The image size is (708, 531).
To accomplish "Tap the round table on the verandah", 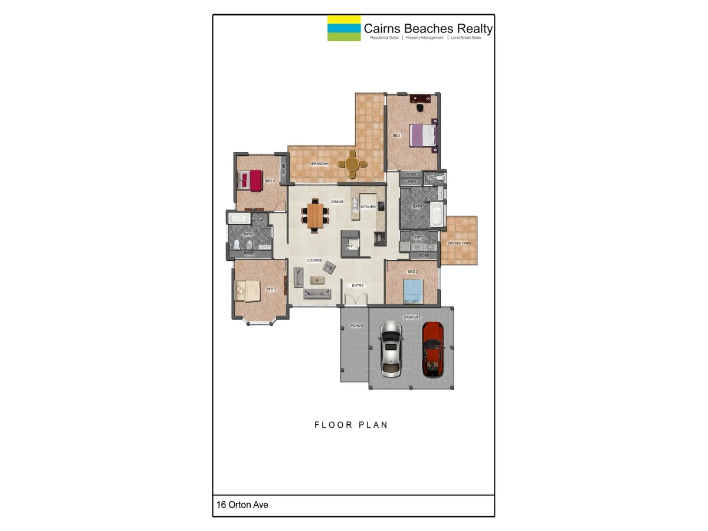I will (352, 164).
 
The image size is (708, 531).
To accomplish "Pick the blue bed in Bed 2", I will (413, 290).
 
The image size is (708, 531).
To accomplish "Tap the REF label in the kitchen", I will (379, 239).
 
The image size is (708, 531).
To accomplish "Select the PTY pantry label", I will (349, 246).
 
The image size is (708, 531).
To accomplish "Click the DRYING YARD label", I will (459, 243).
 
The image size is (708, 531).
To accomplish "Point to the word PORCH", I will (356, 326).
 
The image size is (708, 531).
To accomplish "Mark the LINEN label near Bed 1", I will (411, 182).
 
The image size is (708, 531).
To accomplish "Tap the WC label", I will (431, 177).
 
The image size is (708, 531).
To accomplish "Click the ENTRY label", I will (358, 286).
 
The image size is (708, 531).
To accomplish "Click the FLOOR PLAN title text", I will (351, 425).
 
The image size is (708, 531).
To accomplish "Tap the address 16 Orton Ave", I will (242, 505).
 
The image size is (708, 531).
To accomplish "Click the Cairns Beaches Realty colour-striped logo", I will (344, 28).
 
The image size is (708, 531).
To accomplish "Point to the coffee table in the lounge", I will (328, 268).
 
